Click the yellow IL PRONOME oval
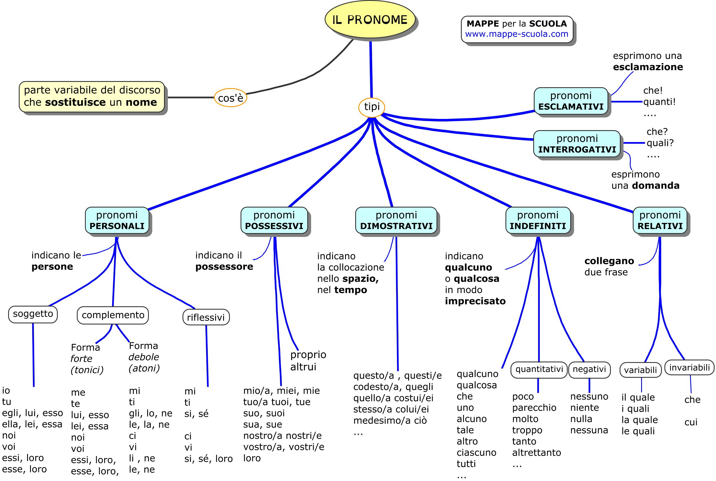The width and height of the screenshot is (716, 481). tap(370, 19)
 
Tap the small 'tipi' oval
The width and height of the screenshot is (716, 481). tap(372, 107)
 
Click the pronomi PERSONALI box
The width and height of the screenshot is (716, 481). tap(117, 220)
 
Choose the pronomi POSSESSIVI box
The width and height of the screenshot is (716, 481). tap(274, 220)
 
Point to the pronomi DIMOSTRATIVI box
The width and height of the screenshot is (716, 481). tap(396, 220)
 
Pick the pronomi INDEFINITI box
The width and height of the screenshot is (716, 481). tap(538, 220)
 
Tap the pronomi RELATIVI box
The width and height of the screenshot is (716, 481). tap(660, 220)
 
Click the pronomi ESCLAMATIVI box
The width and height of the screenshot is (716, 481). tap(571, 101)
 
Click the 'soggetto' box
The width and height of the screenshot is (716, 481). tap(33, 314)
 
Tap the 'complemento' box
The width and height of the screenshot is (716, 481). tap(113, 315)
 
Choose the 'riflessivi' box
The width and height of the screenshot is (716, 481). tap(206, 317)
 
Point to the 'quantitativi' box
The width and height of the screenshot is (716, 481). tap(539, 370)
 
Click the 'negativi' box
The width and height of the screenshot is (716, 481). tap(589, 370)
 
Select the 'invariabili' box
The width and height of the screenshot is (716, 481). tap(689, 367)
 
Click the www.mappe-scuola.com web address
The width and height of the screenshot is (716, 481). tap(517, 34)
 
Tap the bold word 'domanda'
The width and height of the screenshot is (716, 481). tap(656, 186)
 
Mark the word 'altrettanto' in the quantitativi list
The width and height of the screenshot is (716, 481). tap(536, 452)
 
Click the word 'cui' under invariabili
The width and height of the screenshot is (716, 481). tap(691, 422)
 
